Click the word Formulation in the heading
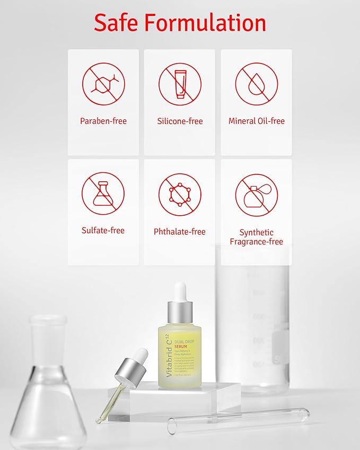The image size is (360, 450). click(212, 23)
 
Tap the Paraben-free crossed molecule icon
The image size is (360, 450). click(103, 84)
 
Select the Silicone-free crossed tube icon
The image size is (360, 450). click(180, 84)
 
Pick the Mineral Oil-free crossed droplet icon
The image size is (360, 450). click(256, 84)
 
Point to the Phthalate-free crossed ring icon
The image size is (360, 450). click(180, 194)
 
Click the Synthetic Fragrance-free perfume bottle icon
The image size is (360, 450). click(256, 195)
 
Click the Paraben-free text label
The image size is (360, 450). click(103, 121)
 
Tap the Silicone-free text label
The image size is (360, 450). click(180, 121)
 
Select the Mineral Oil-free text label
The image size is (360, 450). click(256, 121)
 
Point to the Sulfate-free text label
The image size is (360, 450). click(103, 231)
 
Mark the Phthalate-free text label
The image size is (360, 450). click(180, 232)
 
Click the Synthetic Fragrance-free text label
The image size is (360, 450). click(256, 237)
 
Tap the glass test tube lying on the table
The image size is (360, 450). click(239, 418)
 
